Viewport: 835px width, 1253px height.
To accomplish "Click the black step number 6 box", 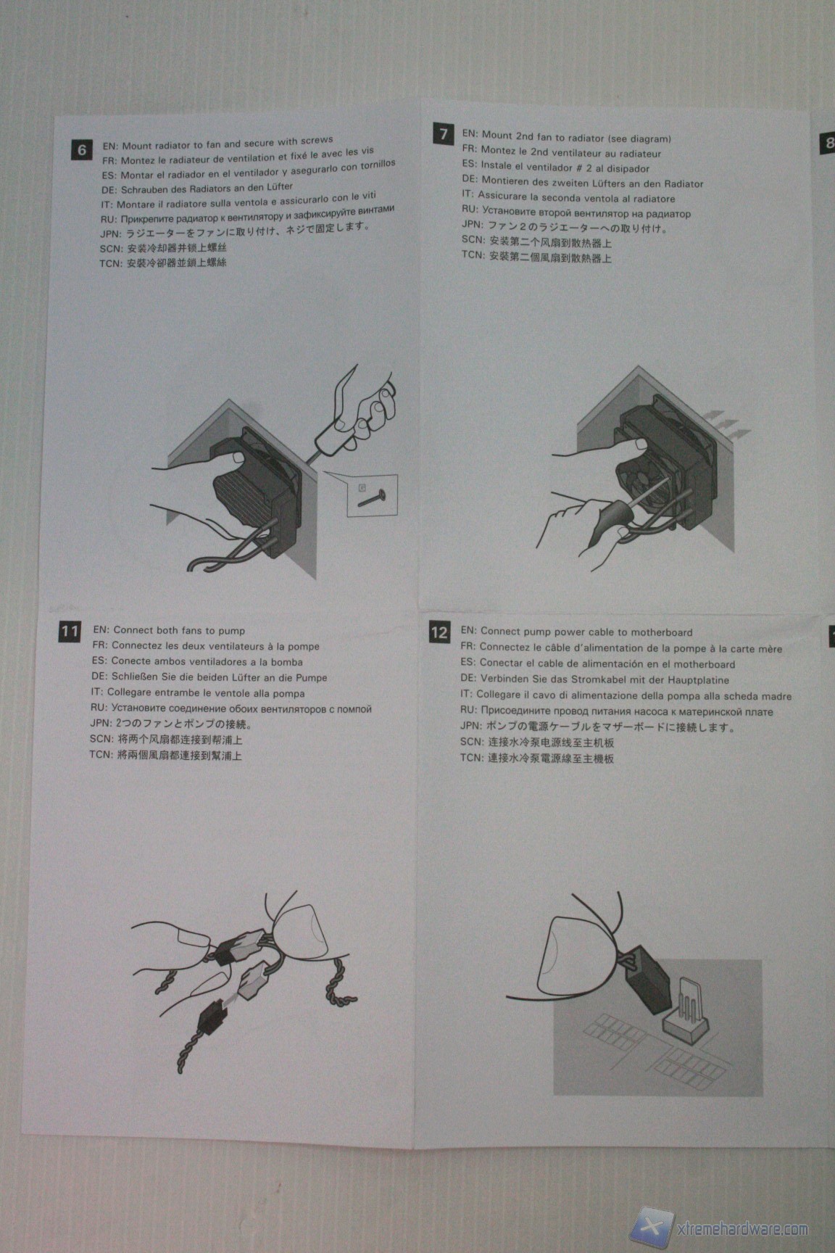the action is pyautogui.click(x=82, y=150).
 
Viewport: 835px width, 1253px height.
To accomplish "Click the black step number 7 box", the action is pyautogui.click(x=444, y=134).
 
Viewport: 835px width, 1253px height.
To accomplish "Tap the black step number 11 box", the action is pyautogui.click(x=70, y=631).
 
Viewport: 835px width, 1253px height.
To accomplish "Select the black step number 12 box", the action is pyautogui.click(x=439, y=632).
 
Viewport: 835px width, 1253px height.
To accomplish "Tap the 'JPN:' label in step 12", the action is pyautogui.click(x=471, y=726).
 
